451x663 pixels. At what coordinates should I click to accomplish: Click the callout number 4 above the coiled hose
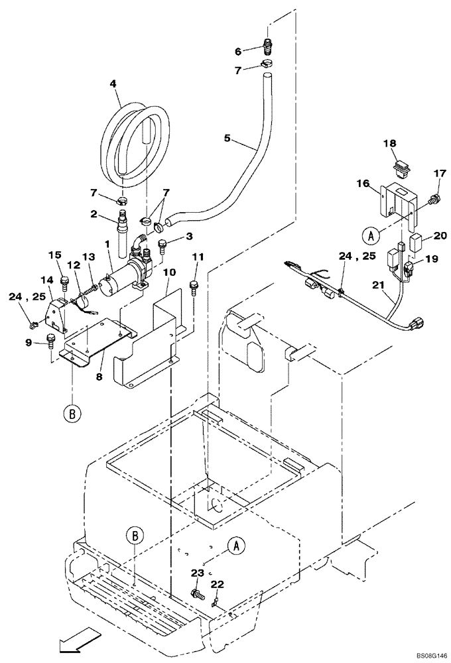(x=113, y=84)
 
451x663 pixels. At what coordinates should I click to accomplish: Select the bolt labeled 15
(x=65, y=283)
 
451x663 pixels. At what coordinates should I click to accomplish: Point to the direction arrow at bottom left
(x=78, y=642)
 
